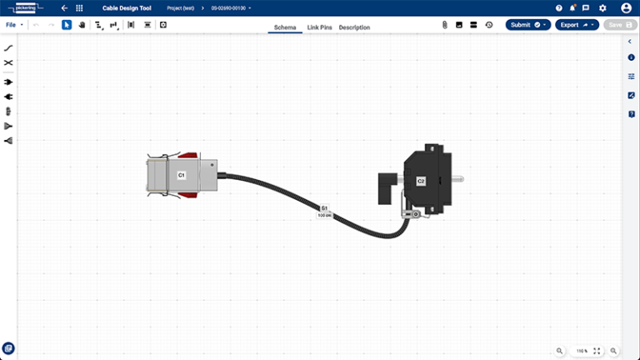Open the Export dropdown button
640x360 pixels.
coord(576,25)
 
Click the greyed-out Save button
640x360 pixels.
coord(620,25)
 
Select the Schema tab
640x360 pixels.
coord(285,27)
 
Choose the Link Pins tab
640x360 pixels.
coord(320,27)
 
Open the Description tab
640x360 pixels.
coord(354,27)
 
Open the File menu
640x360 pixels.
coord(13,25)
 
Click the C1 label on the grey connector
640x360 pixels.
coord(181,176)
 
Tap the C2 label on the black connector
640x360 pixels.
coord(421,181)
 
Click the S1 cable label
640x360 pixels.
coord(325,207)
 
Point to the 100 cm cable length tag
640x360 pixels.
coord(325,215)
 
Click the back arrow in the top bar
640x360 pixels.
coord(64,8)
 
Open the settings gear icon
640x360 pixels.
coord(602,8)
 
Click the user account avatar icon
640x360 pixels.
coord(626,8)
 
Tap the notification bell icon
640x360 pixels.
coord(573,8)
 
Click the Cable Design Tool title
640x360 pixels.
coord(127,8)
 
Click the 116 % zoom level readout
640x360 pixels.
coord(582,351)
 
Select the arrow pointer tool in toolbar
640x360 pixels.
coord(67,25)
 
